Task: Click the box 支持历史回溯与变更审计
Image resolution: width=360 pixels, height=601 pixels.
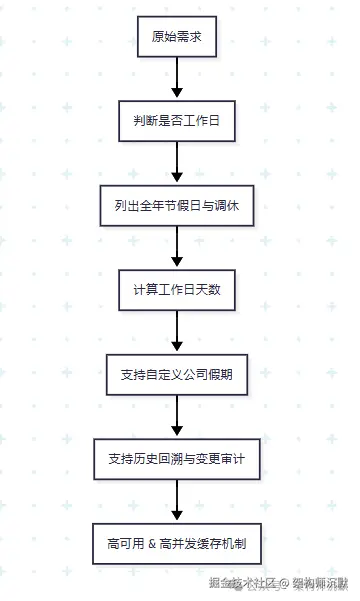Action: pos(177,460)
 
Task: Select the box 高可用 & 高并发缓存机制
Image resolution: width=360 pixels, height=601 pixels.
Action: pos(177,544)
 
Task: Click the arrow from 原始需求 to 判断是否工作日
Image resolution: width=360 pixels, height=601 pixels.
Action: pos(177,80)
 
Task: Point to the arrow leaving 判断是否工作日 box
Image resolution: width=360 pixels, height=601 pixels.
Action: pos(177,164)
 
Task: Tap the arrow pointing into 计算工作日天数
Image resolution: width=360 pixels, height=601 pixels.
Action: pos(177,249)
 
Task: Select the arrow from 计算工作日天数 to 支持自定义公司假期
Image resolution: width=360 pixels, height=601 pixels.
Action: pos(177,333)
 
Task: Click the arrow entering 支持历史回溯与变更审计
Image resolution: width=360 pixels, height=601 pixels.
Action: pos(177,418)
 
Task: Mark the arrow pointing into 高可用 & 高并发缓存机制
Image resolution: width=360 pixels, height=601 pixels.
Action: pos(177,502)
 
